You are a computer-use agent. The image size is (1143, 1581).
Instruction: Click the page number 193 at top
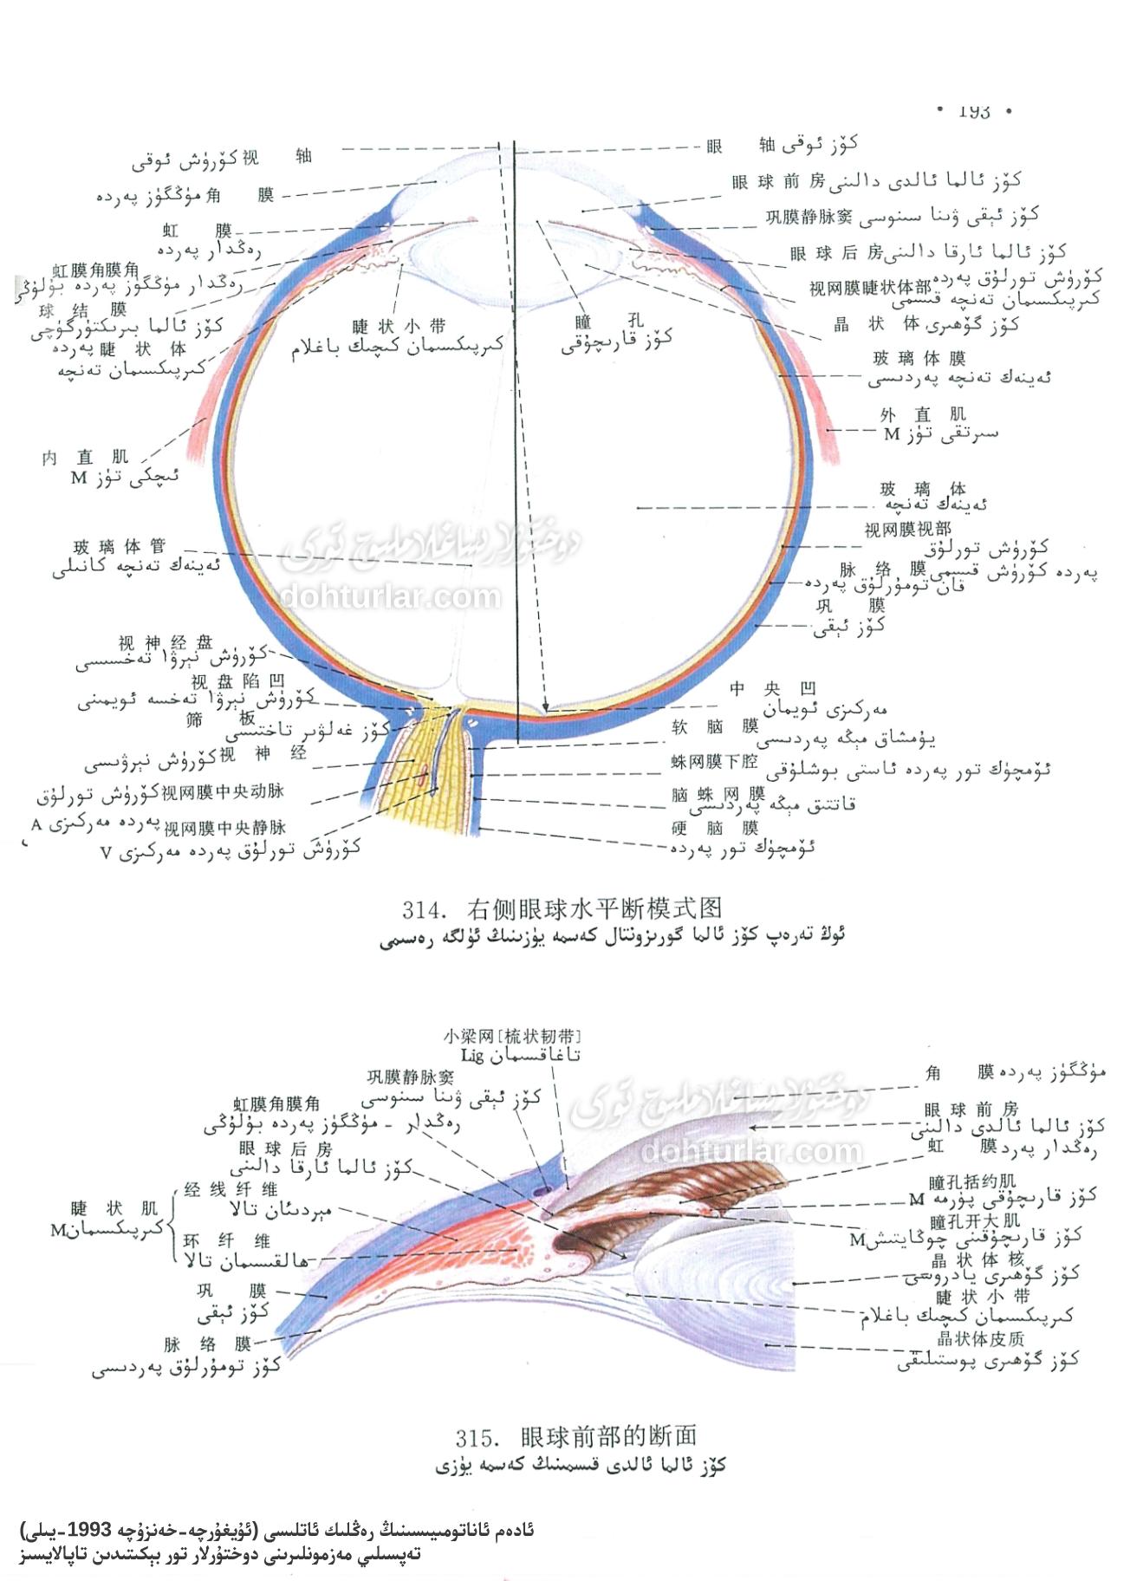[x=974, y=112]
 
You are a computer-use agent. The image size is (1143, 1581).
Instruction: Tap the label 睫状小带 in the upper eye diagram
[x=399, y=327]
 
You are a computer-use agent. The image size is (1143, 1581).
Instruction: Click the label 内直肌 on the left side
[x=85, y=457]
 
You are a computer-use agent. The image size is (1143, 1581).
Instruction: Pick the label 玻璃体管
[x=120, y=547]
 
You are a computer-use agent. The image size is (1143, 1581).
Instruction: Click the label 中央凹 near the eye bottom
[x=772, y=690]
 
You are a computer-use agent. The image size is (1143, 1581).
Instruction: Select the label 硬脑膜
[x=718, y=828]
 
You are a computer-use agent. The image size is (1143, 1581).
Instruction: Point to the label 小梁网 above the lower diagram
[x=469, y=1036]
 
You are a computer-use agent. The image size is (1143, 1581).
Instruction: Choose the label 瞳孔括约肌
[x=973, y=1182]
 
